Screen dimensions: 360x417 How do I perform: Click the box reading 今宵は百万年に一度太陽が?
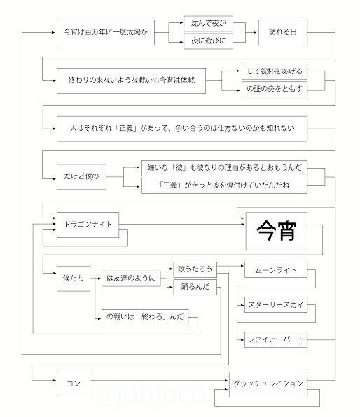[106, 32]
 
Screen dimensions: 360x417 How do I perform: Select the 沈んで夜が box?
[208, 23]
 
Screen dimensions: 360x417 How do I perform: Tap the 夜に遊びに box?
[208, 41]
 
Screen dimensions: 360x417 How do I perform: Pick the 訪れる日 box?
[283, 32]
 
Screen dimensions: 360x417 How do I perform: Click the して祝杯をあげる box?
[275, 71]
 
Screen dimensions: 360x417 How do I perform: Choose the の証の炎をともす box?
[275, 89]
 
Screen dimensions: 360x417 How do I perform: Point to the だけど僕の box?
[81, 176]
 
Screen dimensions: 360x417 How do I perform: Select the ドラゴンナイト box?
[88, 225]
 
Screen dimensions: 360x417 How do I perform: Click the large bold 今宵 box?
[277, 231]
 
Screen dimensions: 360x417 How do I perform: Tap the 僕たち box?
[74, 278]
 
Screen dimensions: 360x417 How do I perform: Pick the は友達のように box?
[131, 278]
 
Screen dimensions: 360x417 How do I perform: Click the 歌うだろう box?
[195, 269]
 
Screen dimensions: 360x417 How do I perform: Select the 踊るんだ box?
[195, 287]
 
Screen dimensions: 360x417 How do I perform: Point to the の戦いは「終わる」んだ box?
[145, 317]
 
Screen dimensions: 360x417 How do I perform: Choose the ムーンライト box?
[276, 270]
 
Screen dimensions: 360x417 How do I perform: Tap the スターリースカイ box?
[276, 305]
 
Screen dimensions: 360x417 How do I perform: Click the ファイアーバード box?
[276, 339]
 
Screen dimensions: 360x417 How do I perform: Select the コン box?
[74, 384]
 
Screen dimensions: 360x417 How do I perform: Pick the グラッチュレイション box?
[268, 384]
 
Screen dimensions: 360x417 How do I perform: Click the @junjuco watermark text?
[150, 395]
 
